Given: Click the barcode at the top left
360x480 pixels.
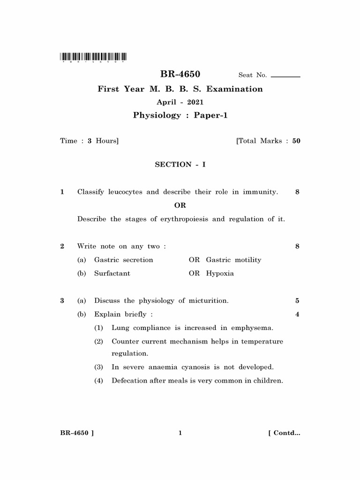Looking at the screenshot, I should pos(93,57).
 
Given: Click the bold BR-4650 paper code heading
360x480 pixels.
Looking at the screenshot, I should pos(180,74).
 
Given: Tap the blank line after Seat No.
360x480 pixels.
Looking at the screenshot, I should pos(285,76).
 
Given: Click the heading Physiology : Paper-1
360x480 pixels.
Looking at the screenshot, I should pos(180,115).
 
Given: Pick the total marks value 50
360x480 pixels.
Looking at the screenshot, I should pos(296,141).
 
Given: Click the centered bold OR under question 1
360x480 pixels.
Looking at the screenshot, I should pos(180,205).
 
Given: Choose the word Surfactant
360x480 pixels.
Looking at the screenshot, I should pos(112,274).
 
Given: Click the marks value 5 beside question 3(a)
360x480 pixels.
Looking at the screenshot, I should pos(297,301).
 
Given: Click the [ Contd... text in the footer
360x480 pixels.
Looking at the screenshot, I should pos(284,433).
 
